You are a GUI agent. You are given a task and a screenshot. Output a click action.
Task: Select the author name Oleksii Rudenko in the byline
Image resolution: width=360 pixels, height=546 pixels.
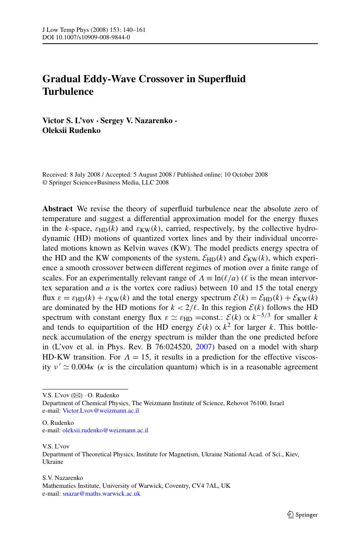click(x=71, y=130)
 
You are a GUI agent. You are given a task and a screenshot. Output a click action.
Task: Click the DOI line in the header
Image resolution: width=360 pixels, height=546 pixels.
click(x=86, y=37)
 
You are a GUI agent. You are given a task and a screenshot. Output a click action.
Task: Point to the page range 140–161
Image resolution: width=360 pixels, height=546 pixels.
click(x=134, y=30)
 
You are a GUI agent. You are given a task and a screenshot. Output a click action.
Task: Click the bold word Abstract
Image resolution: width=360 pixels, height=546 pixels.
click(x=57, y=209)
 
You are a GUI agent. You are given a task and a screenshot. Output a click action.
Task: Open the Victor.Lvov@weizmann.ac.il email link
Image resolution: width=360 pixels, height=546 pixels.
click(x=101, y=411)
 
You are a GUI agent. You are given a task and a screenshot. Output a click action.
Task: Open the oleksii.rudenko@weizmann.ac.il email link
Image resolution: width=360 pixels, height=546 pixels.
click(x=105, y=430)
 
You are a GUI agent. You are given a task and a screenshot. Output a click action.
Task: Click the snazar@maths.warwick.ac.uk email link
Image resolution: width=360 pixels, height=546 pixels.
click(x=101, y=493)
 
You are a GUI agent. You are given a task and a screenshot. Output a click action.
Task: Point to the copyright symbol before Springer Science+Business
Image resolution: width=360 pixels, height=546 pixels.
click(x=44, y=183)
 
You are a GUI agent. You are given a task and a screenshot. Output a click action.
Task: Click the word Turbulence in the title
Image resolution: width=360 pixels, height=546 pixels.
click(x=68, y=92)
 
